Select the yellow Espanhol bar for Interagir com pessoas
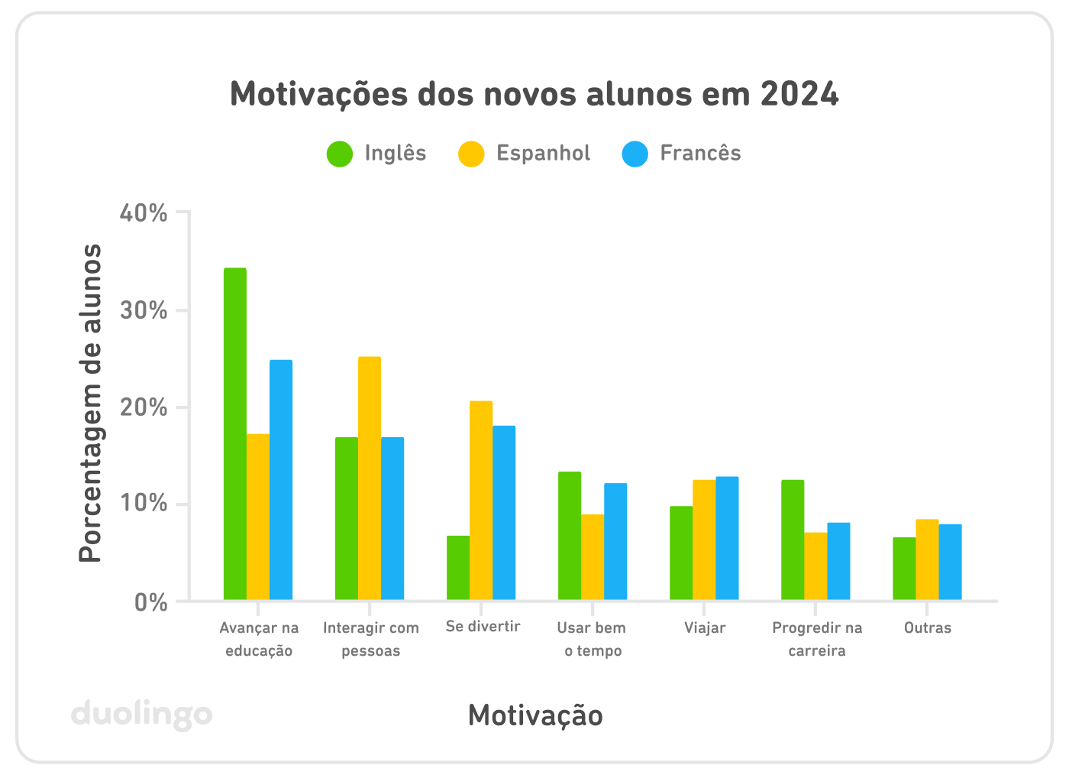coord(370,478)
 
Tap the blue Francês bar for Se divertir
coord(504,512)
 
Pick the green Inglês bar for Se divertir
coord(458,567)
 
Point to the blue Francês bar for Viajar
coord(727,538)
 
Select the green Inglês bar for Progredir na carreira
coord(793,540)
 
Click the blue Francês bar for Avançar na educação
coord(281,479)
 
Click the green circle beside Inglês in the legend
coord(340,154)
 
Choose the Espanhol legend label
coord(543,154)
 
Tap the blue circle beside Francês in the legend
coord(635,154)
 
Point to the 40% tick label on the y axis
coord(144,213)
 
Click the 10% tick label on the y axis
coord(144,504)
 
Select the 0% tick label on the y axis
coord(150,603)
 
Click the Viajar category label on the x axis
coord(704,628)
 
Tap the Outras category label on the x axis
coord(927,628)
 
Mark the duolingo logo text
coord(141,715)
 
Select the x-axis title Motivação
coord(535,716)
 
